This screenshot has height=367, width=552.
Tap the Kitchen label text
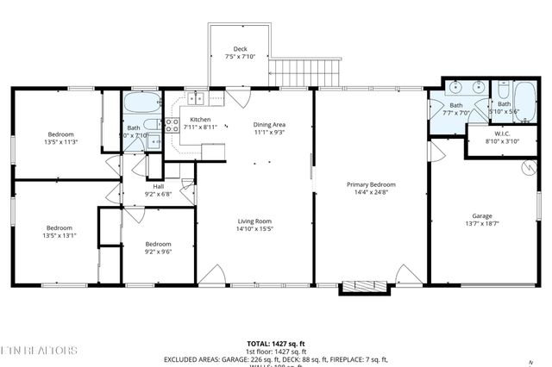pos(200,120)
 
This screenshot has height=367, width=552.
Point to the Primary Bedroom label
pos(371,184)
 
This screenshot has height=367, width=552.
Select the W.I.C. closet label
pos(498,134)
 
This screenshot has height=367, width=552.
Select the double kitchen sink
pos(197,99)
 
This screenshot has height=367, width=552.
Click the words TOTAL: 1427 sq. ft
pos(275,343)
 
